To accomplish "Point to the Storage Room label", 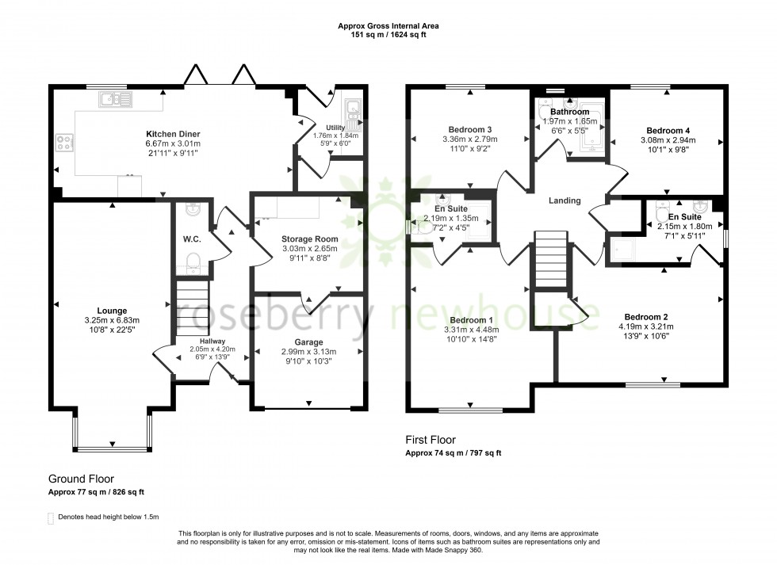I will point(309,239).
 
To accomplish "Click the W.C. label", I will point(190,239).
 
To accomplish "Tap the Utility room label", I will point(336,127).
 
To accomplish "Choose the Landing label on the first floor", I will point(565,200).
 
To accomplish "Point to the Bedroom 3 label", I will point(470,129).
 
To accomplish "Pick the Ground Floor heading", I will point(81,479).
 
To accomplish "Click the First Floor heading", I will point(430,440).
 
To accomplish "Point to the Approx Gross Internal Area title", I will point(388,25).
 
